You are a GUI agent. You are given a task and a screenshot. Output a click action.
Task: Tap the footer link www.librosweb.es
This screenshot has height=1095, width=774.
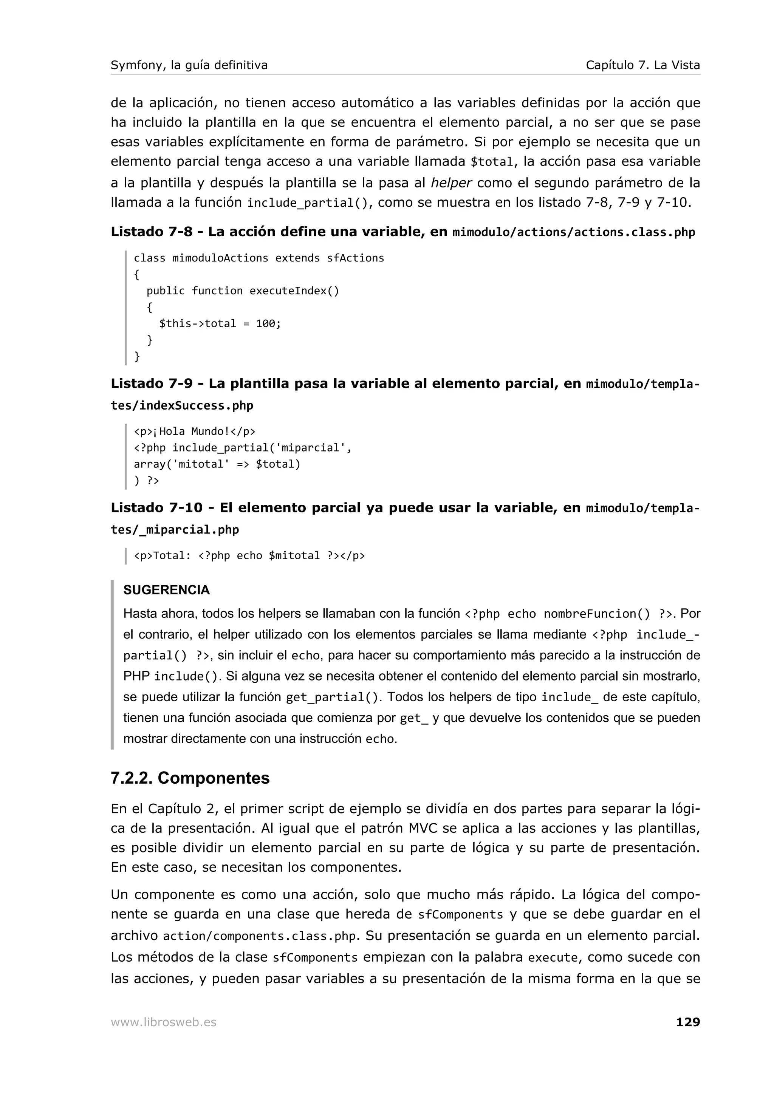(164, 1022)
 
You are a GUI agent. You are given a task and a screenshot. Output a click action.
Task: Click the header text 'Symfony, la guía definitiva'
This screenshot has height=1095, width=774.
(189, 65)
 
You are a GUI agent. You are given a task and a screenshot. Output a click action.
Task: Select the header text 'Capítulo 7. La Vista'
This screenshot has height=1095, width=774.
(642, 65)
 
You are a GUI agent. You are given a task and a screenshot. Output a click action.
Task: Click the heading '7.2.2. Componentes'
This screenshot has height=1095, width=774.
(190, 778)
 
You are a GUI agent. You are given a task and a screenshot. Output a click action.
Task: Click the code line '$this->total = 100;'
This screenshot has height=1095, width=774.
(220, 323)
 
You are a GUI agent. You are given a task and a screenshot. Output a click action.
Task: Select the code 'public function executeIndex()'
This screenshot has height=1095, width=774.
(242, 291)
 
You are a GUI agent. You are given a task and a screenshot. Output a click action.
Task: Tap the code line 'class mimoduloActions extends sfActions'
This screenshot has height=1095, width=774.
(259, 258)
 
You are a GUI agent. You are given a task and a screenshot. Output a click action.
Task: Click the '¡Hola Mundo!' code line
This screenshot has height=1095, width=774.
(195, 431)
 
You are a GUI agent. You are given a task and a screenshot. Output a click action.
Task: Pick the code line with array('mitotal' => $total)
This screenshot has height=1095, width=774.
(217, 464)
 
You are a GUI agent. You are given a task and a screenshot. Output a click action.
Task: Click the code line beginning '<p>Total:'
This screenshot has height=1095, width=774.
(249, 555)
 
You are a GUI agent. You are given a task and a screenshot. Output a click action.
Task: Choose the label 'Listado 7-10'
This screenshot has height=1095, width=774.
(156, 507)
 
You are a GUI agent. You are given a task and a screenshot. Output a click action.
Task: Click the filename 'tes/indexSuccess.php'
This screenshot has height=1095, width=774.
(182, 406)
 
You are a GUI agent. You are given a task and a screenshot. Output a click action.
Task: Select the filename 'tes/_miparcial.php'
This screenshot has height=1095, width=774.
(175, 530)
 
